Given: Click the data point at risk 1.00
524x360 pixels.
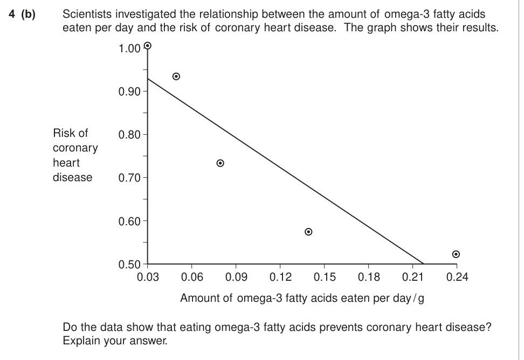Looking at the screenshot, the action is [x=147, y=45].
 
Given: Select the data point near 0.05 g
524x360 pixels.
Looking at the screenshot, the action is [x=176, y=77].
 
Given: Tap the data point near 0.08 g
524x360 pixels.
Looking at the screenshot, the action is [x=220, y=163].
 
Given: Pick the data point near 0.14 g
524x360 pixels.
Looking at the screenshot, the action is [x=308, y=232].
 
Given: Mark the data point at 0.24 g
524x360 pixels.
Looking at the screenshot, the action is [x=456, y=254].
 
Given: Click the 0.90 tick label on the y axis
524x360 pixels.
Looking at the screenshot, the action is [x=129, y=92].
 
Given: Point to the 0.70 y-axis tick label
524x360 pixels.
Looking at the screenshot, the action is [x=129, y=178].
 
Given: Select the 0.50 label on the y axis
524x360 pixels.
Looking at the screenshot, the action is [x=129, y=265].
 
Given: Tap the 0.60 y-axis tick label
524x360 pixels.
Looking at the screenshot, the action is [x=129, y=221].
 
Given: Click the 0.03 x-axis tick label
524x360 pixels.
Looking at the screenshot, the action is [x=148, y=277].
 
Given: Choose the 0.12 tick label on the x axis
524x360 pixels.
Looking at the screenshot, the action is [x=280, y=277].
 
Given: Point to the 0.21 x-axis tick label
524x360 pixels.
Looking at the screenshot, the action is [x=413, y=277].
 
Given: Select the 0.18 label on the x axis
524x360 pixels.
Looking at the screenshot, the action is [x=369, y=277].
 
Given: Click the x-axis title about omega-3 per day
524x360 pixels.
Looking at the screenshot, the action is [x=302, y=298].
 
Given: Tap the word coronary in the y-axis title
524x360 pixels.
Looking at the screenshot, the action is [x=75, y=148].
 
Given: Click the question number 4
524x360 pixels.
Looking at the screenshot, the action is [x=12, y=14].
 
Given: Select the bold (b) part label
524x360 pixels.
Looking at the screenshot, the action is [x=28, y=15].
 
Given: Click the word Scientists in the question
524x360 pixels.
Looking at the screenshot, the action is [x=86, y=14].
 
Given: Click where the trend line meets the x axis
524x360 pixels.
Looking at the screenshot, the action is [x=424, y=264].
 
